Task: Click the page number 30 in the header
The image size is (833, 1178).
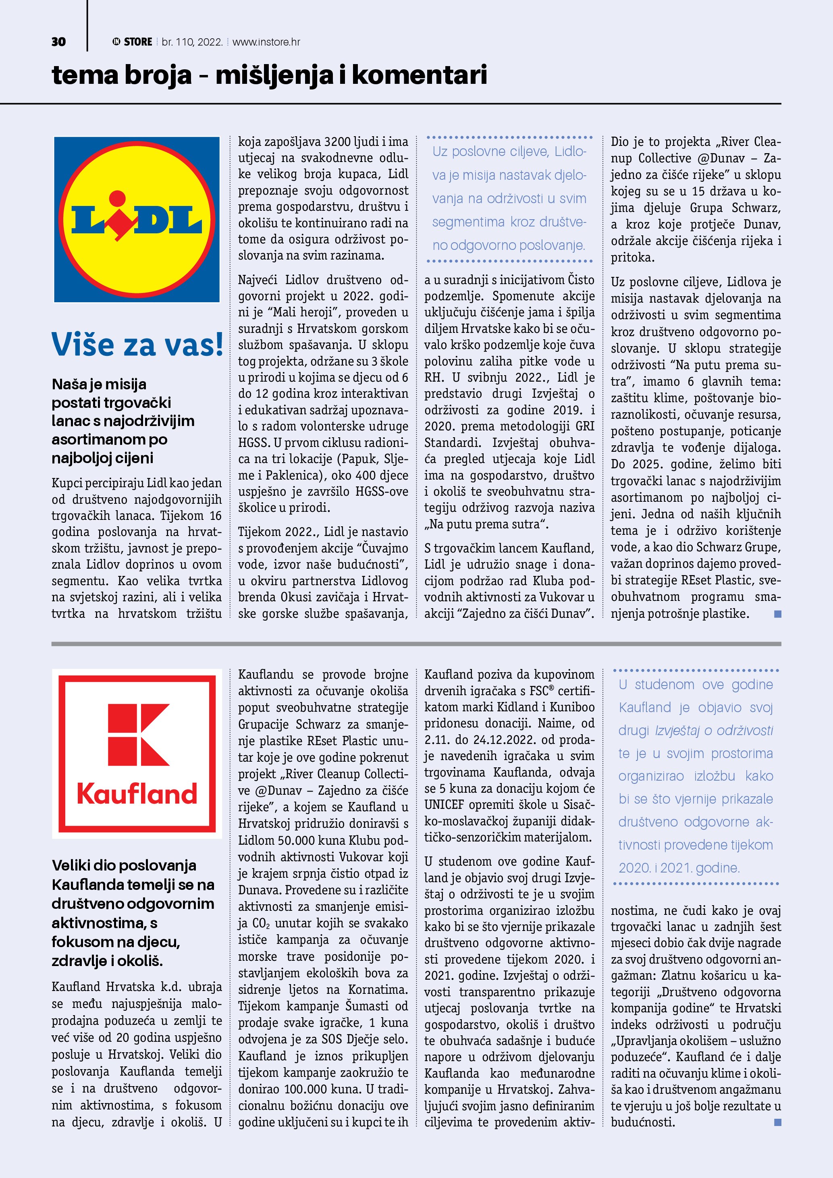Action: [58, 42]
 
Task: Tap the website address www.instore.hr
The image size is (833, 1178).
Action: [266, 42]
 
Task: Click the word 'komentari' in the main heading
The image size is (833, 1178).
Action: [419, 75]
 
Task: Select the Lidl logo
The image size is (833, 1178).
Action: [137, 220]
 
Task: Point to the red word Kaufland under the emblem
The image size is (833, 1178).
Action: [137, 794]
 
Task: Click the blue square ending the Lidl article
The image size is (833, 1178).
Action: [778, 614]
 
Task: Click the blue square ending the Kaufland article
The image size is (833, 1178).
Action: [778, 1122]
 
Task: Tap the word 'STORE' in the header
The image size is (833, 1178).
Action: [138, 42]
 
